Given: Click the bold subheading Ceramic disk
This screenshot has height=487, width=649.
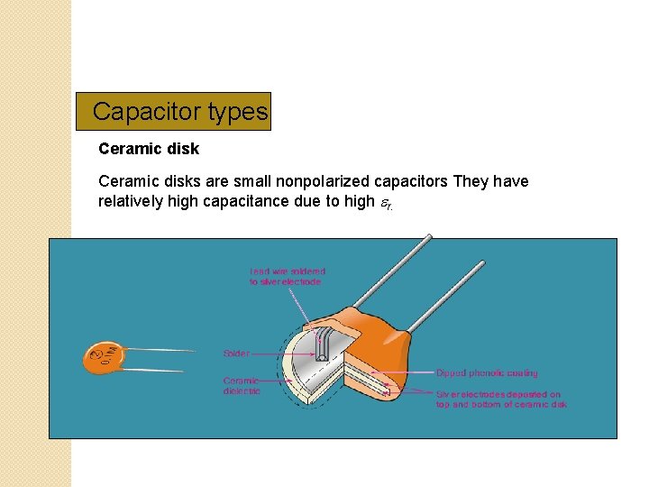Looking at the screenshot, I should [149, 148].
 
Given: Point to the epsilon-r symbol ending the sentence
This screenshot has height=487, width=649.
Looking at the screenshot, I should [385, 203].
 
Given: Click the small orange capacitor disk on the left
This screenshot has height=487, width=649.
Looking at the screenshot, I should [104, 358].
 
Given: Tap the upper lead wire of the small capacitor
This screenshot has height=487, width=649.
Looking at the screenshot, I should [162, 351].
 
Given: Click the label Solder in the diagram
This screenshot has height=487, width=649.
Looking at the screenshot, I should [236, 353].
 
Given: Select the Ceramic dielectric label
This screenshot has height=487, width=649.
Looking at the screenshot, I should [242, 386].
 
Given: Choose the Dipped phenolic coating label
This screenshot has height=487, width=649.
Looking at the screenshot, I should [486, 372].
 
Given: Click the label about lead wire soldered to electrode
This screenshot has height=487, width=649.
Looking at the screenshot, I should [288, 276].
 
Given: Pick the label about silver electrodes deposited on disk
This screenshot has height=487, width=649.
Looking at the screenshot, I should [501, 400].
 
